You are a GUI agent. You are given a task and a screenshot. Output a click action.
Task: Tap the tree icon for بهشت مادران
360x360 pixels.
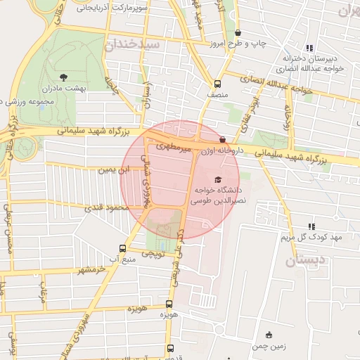click(64, 77)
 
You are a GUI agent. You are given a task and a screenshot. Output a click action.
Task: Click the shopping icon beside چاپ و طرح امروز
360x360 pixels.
click(238, 32)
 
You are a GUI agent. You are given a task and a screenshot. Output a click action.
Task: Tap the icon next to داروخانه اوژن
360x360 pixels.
click(223, 139)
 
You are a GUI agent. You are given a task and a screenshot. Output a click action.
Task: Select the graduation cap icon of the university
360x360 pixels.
click(217, 179)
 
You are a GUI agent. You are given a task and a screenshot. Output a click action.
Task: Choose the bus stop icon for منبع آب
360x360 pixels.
click(123, 248)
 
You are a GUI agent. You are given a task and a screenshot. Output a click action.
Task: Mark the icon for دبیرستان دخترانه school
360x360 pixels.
click(310, 48)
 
